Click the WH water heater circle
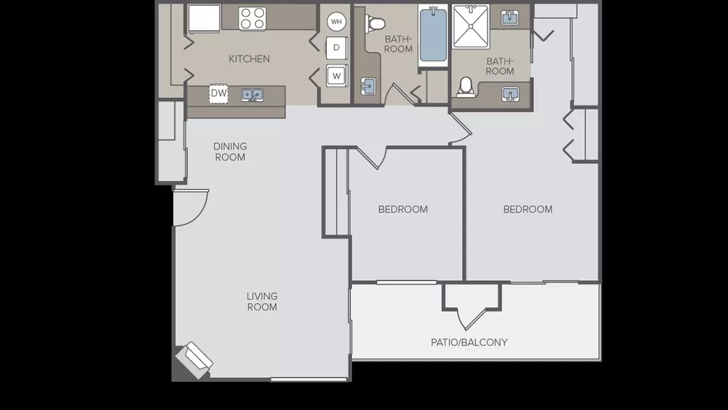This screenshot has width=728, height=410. tap(336, 21)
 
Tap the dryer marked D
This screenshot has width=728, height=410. tap(337, 47)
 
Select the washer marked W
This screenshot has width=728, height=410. tap(337, 76)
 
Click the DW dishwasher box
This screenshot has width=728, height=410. tap(218, 93)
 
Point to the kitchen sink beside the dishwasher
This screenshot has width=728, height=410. tap(252, 95)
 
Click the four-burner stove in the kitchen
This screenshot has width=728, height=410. tap(253, 18)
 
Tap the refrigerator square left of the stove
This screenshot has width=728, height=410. tap(204, 19)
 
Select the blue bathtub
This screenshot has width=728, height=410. tap(433, 36)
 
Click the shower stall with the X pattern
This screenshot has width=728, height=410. tap(471, 27)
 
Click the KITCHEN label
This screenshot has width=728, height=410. tap(249, 58)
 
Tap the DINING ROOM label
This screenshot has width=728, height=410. tap(231, 152)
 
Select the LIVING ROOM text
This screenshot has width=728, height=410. tap(262, 301)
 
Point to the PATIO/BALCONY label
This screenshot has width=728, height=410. tap(469, 342)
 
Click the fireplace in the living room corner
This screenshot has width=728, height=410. tap(194, 360)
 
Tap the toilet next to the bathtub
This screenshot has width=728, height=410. tap(375, 23)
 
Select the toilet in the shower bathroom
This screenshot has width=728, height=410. tap(465, 87)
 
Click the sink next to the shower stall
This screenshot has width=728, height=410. tap(510, 17)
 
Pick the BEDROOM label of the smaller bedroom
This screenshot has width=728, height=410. tap(403, 210)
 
